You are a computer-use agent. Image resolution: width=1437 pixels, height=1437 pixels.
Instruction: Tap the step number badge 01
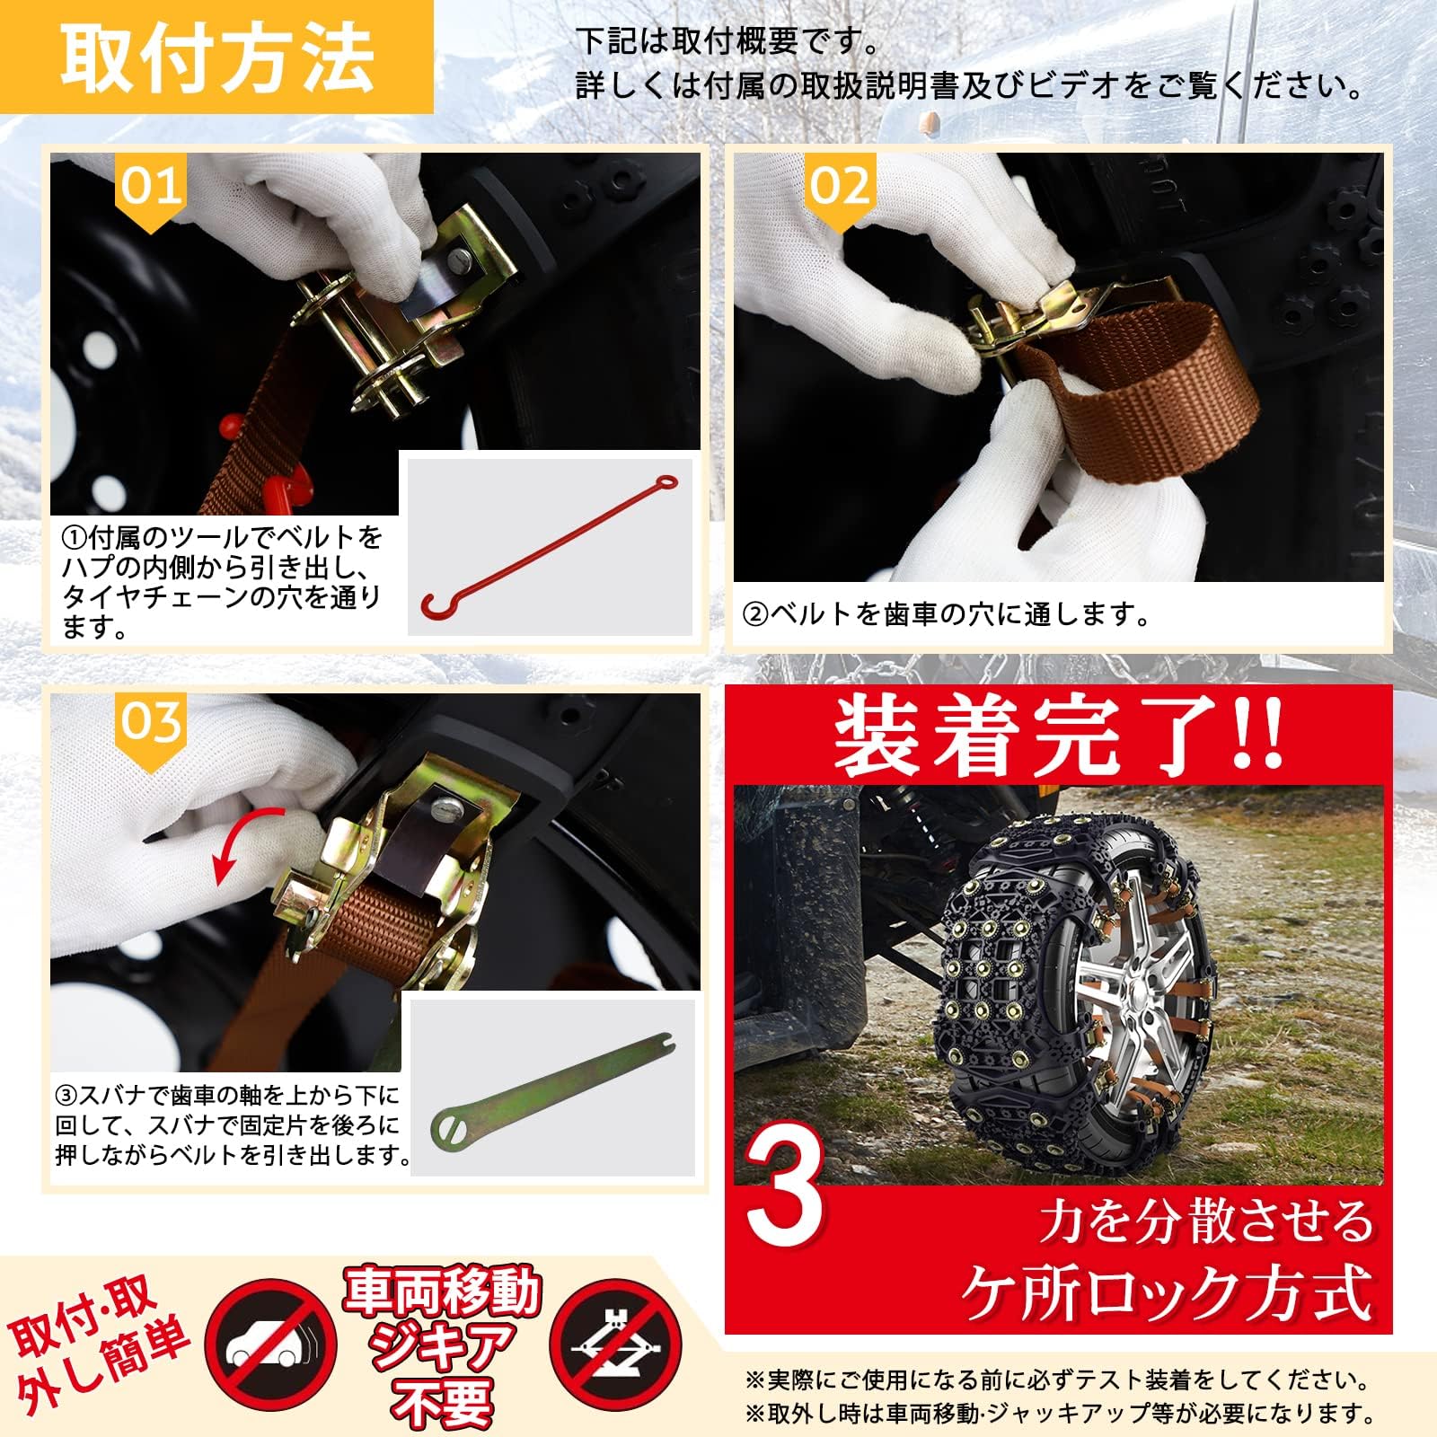(151, 187)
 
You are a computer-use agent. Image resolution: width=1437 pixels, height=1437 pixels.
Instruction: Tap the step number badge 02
(839, 187)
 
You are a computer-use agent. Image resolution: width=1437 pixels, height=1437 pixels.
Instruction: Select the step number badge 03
(151, 722)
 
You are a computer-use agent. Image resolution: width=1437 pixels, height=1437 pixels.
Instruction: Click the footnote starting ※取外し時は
(1060, 1415)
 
